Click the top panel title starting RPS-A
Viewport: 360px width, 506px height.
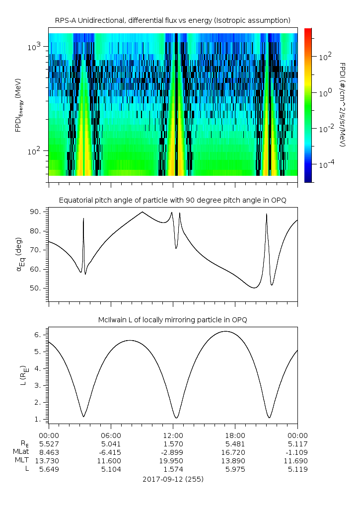[173, 21]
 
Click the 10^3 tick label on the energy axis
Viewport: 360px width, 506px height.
[34, 47]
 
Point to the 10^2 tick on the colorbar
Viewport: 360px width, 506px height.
[325, 57]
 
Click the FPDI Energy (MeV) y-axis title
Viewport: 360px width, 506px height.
[18, 105]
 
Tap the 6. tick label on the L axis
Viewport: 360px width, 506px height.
[39, 335]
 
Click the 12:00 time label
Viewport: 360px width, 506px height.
[173, 435]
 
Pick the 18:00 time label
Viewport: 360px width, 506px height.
[235, 435]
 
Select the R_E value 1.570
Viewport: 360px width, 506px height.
[173, 444]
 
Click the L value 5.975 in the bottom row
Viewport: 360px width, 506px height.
[235, 469]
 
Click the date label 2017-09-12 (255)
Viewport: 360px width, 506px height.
[173, 479]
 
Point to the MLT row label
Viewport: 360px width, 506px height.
[22, 460]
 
